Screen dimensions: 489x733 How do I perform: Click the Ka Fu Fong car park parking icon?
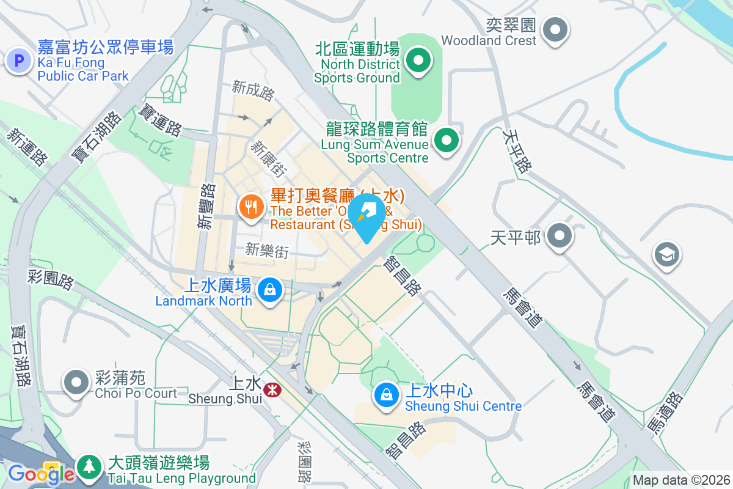pyautogui.click(x=19, y=61)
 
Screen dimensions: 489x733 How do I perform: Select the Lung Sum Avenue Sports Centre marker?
pyautogui.click(x=447, y=141)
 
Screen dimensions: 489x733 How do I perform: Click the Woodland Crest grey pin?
pyautogui.click(x=555, y=29)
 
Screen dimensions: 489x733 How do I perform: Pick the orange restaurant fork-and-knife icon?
pyautogui.click(x=250, y=208)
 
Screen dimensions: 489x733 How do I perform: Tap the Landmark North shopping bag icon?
pyautogui.click(x=269, y=289)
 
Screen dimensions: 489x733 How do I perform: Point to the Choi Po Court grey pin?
pyautogui.click(x=76, y=382)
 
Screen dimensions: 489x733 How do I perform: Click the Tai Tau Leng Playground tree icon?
pyautogui.click(x=90, y=468)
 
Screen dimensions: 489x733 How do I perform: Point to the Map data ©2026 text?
pyautogui.click(x=680, y=480)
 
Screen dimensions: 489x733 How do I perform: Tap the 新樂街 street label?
pyautogui.click(x=266, y=250)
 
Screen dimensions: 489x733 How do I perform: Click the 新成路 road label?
pyautogui.click(x=253, y=90)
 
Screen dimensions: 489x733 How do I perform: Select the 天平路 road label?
pyautogui.click(x=517, y=150)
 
